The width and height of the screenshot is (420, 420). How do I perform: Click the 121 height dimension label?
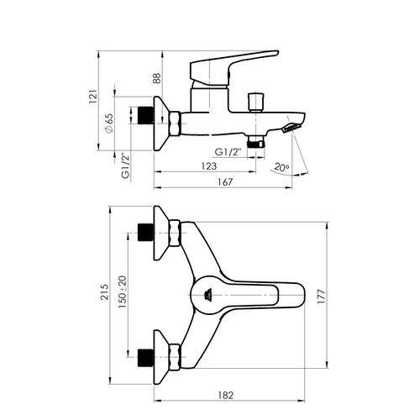click(93, 97)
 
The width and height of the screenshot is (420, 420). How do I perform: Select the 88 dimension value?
click(157, 78)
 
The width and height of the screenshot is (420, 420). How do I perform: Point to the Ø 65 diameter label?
click(109, 123)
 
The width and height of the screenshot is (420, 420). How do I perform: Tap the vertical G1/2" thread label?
click(126, 165)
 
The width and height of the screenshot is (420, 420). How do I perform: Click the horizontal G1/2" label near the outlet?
click(228, 152)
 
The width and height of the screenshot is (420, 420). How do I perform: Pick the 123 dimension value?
click(209, 166)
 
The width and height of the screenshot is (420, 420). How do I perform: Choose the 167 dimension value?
click(225, 182)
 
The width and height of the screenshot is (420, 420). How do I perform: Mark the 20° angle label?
click(281, 167)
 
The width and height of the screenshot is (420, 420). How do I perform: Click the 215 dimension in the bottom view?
click(105, 292)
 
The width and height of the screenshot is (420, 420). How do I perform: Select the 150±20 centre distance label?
click(123, 292)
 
